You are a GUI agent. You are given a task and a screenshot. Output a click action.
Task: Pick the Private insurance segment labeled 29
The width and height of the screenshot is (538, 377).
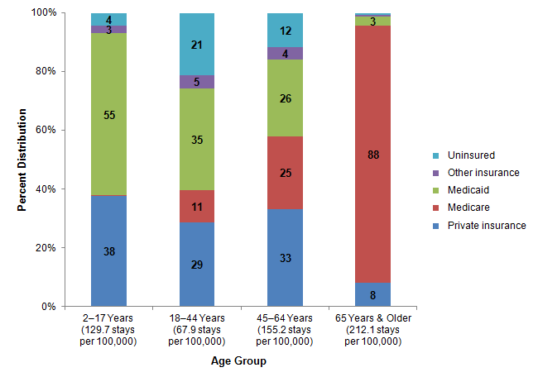click(x=197, y=265)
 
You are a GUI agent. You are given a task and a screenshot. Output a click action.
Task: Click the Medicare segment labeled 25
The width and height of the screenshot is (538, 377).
click(x=285, y=173)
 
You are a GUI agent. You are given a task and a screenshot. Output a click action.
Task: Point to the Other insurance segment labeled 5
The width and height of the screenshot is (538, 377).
click(x=197, y=82)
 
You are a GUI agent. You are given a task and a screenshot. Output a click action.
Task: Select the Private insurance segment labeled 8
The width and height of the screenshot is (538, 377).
click(x=373, y=294)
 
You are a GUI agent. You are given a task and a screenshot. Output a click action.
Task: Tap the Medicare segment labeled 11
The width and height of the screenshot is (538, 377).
click(x=197, y=207)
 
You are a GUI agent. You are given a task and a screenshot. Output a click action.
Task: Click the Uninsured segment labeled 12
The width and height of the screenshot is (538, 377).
click(x=285, y=31)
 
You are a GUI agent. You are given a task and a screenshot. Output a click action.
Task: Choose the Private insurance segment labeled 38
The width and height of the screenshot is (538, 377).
click(x=108, y=251)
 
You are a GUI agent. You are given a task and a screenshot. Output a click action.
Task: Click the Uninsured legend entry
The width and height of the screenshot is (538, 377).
click(x=470, y=155)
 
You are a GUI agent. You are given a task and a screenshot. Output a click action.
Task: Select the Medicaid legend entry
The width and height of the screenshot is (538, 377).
click(x=468, y=189)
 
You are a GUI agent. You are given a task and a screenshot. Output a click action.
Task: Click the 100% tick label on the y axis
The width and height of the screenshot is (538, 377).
click(x=43, y=13)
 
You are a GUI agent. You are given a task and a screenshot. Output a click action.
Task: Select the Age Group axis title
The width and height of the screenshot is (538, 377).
click(x=239, y=360)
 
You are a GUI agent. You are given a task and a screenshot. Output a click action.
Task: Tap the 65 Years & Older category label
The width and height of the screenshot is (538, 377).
click(x=373, y=330)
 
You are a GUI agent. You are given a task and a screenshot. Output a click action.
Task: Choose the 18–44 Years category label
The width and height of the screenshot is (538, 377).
click(x=197, y=330)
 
